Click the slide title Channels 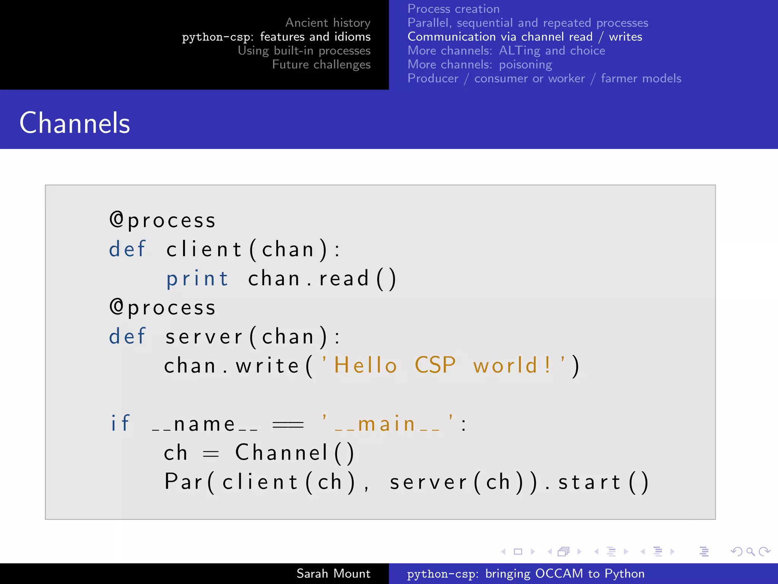point(75,123)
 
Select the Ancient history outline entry point(327,23)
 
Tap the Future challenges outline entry point(321,65)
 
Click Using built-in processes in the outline point(304,51)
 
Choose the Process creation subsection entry point(453,9)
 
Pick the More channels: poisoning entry point(479,65)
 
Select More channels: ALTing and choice point(506,51)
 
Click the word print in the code point(198,279)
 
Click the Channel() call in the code point(295,452)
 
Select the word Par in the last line point(184,482)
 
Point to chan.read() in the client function point(322,278)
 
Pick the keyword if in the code point(120,423)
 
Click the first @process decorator point(163,220)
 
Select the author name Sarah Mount point(333,573)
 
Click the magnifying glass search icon point(750,551)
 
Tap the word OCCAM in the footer point(559,573)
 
